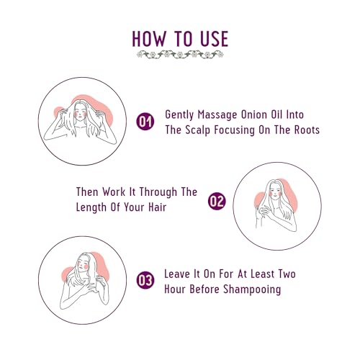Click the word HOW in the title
click(x=149, y=38)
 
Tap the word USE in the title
click(x=215, y=38)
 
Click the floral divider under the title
click(x=180, y=55)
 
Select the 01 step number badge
click(x=145, y=121)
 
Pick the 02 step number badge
click(x=217, y=201)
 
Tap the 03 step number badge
click(x=145, y=280)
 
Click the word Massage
click(x=217, y=115)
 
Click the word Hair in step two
click(x=157, y=207)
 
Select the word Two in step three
click(x=287, y=274)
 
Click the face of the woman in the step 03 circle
click(x=83, y=264)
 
